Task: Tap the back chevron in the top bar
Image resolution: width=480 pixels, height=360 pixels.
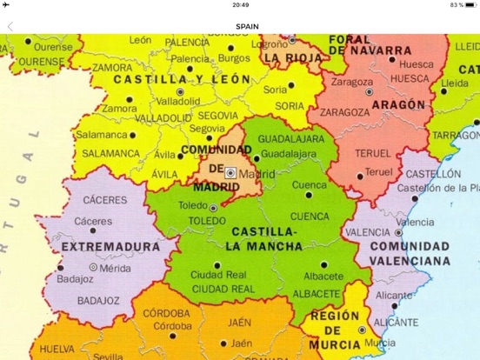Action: (10, 26)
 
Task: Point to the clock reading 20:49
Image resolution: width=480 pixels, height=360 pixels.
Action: (241, 5)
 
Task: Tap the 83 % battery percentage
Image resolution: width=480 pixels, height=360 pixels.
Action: (456, 5)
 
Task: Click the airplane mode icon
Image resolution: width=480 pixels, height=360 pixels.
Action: (7, 5)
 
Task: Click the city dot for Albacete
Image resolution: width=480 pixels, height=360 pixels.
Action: (323, 264)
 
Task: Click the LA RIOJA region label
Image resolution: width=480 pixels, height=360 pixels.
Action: (293, 58)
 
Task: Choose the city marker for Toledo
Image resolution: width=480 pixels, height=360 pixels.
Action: (214, 208)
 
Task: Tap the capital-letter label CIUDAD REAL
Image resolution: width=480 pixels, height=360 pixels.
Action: (223, 288)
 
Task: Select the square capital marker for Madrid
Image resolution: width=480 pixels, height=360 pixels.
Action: (230, 173)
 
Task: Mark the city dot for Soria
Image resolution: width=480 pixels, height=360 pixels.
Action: (290, 86)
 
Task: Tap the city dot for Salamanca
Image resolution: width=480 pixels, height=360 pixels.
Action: (132, 135)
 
